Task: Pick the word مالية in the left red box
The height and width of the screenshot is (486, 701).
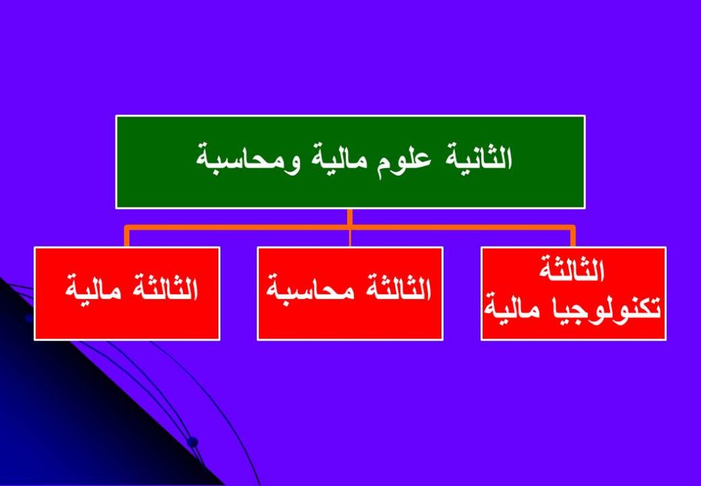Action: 92,290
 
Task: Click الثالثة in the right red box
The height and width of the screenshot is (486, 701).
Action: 572,268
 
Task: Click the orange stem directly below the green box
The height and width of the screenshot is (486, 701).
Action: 350,217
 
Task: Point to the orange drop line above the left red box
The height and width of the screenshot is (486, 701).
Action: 127,236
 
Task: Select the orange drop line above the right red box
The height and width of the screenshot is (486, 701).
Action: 573,236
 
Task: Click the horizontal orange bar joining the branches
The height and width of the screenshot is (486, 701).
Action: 350,228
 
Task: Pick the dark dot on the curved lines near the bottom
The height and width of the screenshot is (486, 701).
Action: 192,442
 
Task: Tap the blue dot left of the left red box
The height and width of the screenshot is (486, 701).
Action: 29,318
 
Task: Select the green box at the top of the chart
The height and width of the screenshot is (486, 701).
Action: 350,162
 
